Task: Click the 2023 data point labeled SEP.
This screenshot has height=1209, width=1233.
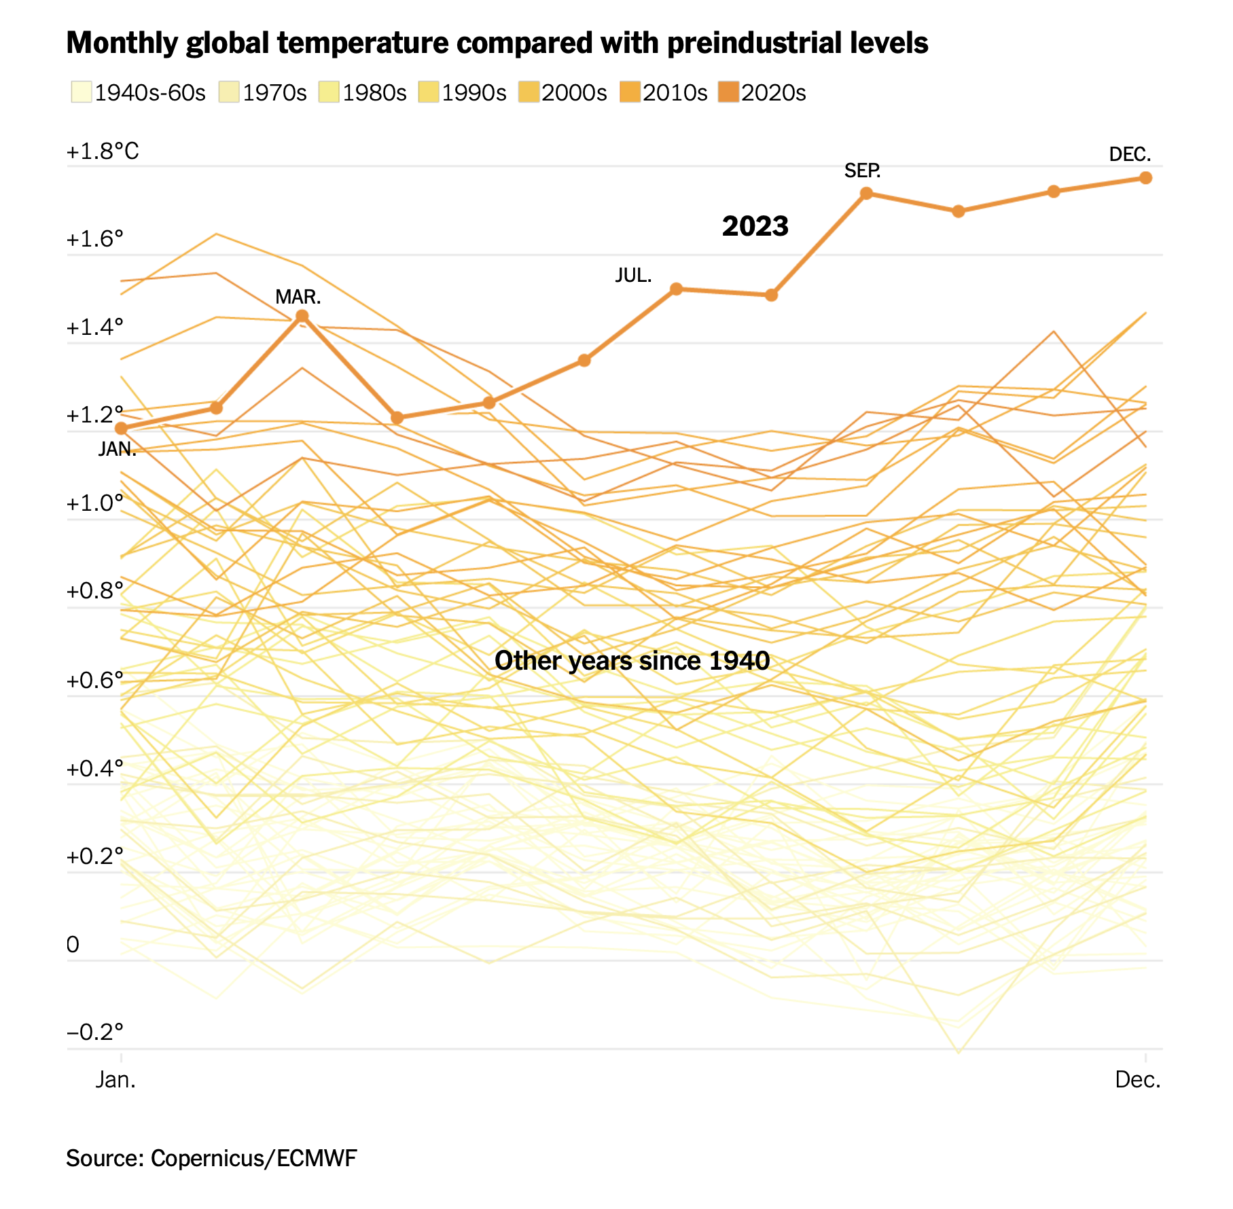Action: (x=866, y=194)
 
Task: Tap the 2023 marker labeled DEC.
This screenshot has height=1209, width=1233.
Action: (x=1145, y=178)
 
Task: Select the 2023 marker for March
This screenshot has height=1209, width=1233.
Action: (x=302, y=316)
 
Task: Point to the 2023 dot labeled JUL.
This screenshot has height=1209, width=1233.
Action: (x=676, y=289)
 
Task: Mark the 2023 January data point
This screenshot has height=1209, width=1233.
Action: (x=122, y=429)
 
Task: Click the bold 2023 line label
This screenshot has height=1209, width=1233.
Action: (x=755, y=226)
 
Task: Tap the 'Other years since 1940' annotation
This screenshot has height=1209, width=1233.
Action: (x=632, y=660)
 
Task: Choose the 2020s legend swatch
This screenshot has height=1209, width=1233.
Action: (x=728, y=92)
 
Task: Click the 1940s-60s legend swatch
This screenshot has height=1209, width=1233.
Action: (x=81, y=92)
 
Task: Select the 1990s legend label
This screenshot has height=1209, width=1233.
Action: (x=473, y=92)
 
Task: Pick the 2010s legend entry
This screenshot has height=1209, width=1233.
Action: (x=675, y=92)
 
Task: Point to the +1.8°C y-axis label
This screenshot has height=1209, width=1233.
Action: (x=103, y=151)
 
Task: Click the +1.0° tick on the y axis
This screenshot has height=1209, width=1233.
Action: (x=95, y=503)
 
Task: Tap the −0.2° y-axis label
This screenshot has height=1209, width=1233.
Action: (x=95, y=1032)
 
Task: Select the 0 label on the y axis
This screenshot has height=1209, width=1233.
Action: (x=73, y=944)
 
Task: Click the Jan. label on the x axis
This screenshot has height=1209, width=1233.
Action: (x=115, y=1079)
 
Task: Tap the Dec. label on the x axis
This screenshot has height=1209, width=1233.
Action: (x=1138, y=1079)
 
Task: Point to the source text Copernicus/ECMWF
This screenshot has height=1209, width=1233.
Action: (x=253, y=1158)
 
